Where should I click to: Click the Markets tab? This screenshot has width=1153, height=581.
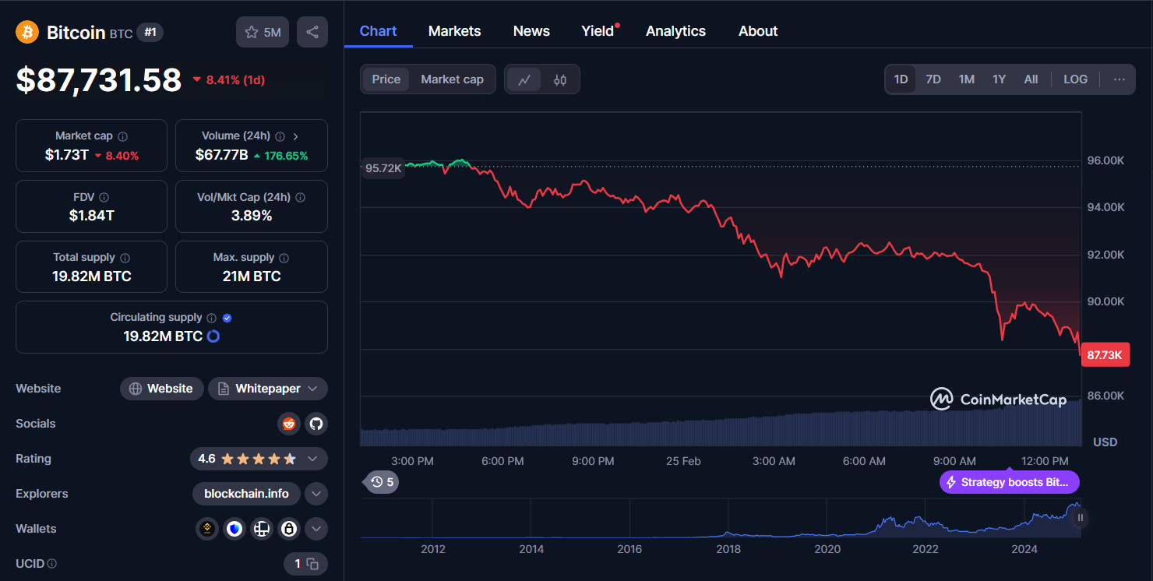tap(454, 31)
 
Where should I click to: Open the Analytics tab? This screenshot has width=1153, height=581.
tap(675, 31)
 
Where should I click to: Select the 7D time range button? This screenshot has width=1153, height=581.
tap(933, 79)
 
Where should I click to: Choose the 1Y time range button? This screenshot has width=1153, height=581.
tap(999, 79)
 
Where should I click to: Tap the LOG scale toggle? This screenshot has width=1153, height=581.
tap(1075, 79)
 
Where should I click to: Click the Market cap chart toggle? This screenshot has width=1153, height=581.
tap(452, 79)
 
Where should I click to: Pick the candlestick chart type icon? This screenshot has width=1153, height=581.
tap(560, 79)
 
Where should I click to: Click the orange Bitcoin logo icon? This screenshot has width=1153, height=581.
tap(27, 32)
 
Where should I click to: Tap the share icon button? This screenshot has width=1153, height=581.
tap(312, 32)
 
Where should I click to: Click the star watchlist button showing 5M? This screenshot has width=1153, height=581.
tap(263, 32)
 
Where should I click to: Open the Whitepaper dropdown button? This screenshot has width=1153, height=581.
tap(268, 389)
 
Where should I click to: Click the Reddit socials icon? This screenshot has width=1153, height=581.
tap(289, 424)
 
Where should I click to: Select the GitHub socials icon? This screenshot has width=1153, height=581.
tap(316, 424)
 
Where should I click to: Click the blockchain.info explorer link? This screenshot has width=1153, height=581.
tap(246, 494)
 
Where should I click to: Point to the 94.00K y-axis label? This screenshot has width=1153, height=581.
tap(1105, 207)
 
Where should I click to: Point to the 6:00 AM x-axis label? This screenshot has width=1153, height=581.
tap(864, 461)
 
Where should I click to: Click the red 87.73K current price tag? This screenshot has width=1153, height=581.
tap(1104, 355)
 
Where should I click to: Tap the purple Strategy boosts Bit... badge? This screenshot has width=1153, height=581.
tap(1010, 482)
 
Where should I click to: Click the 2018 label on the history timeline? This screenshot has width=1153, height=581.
tap(728, 549)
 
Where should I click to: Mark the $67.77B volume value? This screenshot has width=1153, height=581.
tap(222, 155)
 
